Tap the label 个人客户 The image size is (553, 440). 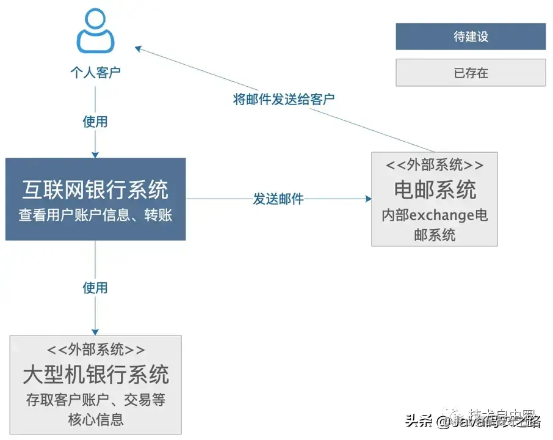(x=95, y=73)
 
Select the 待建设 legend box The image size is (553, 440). (x=471, y=37)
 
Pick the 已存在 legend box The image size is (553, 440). (x=471, y=73)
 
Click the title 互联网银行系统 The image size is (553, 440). (x=95, y=189)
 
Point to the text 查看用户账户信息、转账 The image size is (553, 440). (x=95, y=216)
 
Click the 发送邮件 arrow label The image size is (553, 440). (x=278, y=199)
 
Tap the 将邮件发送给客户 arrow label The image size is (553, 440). (x=284, y=99)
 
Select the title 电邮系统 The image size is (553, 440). (x=435, y=189)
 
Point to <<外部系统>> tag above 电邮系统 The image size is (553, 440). (x=435, y=166)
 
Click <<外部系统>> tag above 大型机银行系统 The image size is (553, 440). (x=96, y=349)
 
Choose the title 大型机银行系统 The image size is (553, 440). (x=96, y=373)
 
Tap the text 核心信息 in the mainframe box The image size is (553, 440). (x=96, y=419)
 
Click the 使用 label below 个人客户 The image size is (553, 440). (x=95, y=122)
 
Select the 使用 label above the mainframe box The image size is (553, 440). (x=95, y=287)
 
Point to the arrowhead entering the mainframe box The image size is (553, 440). (x=95, y=331)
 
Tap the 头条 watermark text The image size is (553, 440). (x=419, y=422)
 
